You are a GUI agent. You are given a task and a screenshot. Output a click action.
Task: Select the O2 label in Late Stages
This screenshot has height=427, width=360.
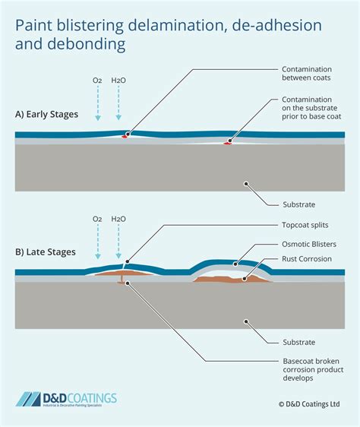97,219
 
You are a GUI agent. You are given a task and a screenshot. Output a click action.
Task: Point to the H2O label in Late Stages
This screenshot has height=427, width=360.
118,219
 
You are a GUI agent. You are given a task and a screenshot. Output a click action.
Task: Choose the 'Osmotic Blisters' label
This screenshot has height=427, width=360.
308,244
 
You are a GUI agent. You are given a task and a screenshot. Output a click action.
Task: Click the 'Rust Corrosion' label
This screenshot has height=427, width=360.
305,258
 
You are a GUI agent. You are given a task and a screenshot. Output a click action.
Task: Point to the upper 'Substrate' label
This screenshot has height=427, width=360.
298,204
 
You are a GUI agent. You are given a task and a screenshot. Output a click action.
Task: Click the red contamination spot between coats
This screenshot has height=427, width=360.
128,136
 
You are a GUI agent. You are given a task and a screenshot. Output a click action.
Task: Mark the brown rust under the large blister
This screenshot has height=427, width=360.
228,279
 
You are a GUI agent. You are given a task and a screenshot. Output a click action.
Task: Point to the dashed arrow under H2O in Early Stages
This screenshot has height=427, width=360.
118,106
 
